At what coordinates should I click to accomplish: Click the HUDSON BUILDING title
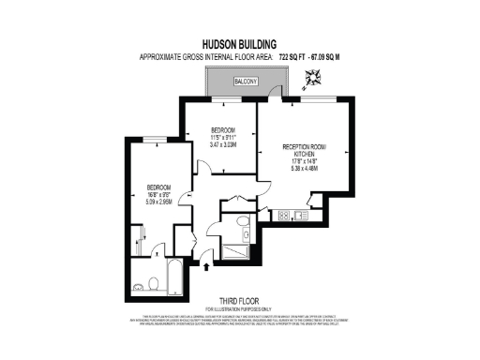238,43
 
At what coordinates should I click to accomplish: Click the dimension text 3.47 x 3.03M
221,145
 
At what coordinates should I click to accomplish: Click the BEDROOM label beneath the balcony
221,129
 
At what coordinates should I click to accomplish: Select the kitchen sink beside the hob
301,215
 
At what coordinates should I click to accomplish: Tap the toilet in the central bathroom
243,222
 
